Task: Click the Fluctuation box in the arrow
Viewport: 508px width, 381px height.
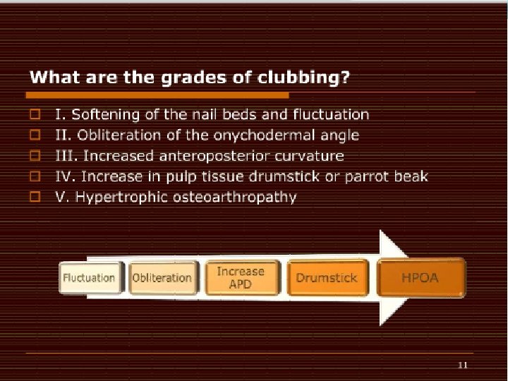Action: point(89,277)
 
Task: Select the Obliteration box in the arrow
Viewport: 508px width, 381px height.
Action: point(162,277)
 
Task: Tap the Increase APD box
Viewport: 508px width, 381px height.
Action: point(241,277)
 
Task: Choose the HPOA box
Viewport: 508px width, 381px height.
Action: point(421,277)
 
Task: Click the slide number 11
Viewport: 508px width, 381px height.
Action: point(463,365)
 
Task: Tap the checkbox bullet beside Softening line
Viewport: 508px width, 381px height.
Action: point(34,114)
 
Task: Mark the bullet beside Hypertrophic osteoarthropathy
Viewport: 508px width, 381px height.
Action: point(34,197)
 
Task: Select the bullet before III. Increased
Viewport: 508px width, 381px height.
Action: point(34,155)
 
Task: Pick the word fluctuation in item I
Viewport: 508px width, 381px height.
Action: point(330,114)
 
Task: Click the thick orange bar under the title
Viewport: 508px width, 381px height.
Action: point(158,95)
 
